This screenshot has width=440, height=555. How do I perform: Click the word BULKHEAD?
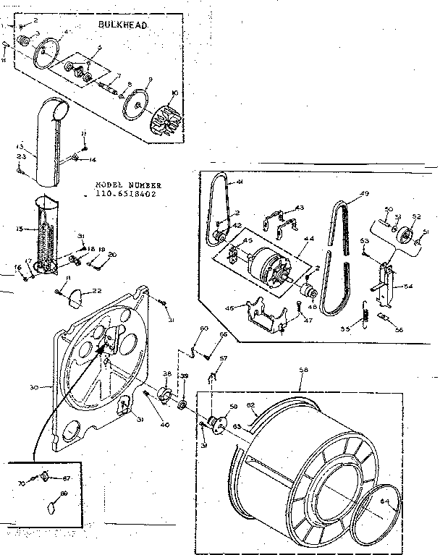(122, 25)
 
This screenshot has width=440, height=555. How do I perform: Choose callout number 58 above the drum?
(302, 370)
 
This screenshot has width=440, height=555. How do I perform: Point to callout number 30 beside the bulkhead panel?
(33, 387)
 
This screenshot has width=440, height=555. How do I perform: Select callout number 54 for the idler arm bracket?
(409, 287)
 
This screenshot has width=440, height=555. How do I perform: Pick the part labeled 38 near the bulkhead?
(164, 395)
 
